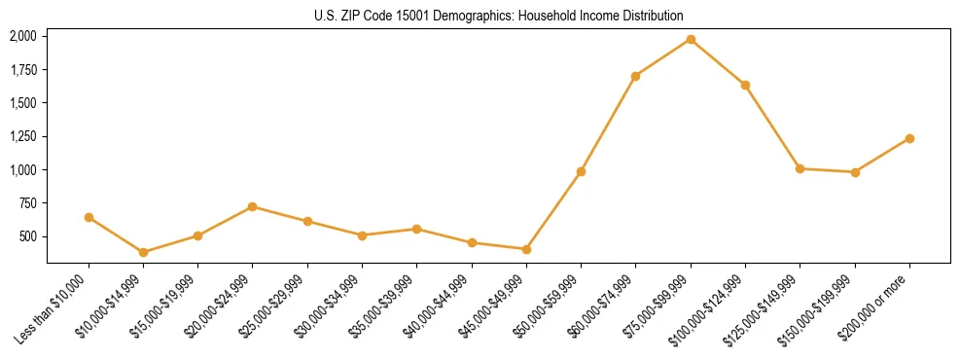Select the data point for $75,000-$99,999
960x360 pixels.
[691, 39]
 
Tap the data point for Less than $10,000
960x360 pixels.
[89, 217]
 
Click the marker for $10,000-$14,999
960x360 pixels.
[144, 252]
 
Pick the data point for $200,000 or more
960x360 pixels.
[909, 138]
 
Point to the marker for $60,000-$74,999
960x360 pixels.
[635, 76]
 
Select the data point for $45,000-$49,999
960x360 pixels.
[526, 249]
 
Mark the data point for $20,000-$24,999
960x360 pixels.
[253, 206]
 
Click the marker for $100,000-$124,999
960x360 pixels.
[745, 85]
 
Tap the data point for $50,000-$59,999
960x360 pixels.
[581, 171]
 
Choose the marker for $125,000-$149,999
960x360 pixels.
[800, 168]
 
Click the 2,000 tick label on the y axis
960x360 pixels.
[22, 36]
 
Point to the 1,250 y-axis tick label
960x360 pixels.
[22, 136]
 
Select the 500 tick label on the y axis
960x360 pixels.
[26, 236]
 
